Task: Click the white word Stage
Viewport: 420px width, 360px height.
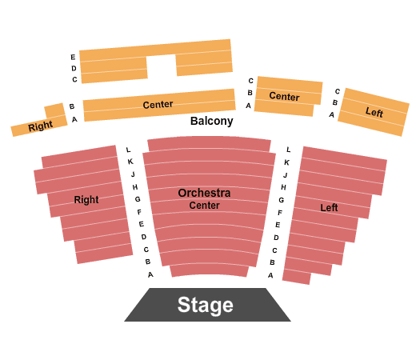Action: (x=205, y=305)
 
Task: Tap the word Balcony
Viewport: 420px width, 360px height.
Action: (x=212, y=121)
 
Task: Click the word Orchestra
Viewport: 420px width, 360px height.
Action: (x=204, y=193)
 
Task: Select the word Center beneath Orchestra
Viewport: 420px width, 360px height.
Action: (x=204, y=206)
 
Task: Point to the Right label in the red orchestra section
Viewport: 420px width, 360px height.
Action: (x=86, y=199)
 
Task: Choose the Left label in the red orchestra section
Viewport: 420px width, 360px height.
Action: (x=329, y=207)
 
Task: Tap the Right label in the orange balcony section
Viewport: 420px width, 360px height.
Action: (x=41, y=126)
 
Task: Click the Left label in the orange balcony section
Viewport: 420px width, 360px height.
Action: (x=374, y=112)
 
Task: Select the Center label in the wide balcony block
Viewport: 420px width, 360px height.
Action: (x=158, y=105)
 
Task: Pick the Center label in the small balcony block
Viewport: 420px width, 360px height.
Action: (x=284, y=96)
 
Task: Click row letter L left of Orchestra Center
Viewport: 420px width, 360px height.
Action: (x=128, y=150)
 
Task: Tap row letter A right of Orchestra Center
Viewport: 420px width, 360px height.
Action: (x=270, y=275)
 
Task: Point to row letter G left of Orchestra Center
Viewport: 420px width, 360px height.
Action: (x=138, y=199)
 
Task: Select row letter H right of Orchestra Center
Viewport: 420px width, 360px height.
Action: (x=283, y=187)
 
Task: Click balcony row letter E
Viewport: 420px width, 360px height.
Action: (x=73, y=57)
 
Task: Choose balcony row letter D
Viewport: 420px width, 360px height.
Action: (x=74, y=68)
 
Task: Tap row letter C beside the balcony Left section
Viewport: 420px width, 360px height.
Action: (x=338, y=91)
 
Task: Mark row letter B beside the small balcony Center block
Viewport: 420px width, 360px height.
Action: (x=250, y=93)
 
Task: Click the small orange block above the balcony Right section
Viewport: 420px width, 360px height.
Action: (x=55, y=110)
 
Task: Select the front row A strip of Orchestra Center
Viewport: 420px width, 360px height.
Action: (x=209, y=270)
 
